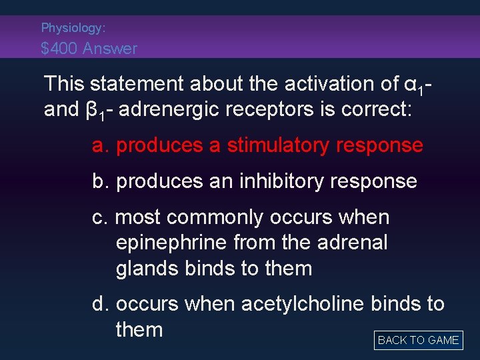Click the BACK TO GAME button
tap(418, 340)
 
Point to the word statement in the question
tap(137, 84)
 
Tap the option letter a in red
tap(101, 145)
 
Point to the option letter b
tap(101, 181)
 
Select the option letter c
tap(100, 217)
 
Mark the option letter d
tap(101, 304)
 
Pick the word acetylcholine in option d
tap(303, 304)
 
